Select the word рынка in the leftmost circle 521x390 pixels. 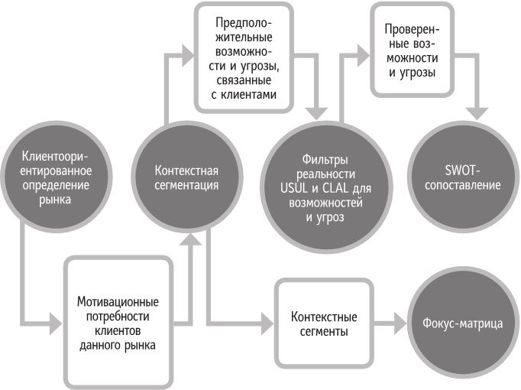[57, 200]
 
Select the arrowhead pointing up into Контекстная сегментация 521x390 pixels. [193, 239]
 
